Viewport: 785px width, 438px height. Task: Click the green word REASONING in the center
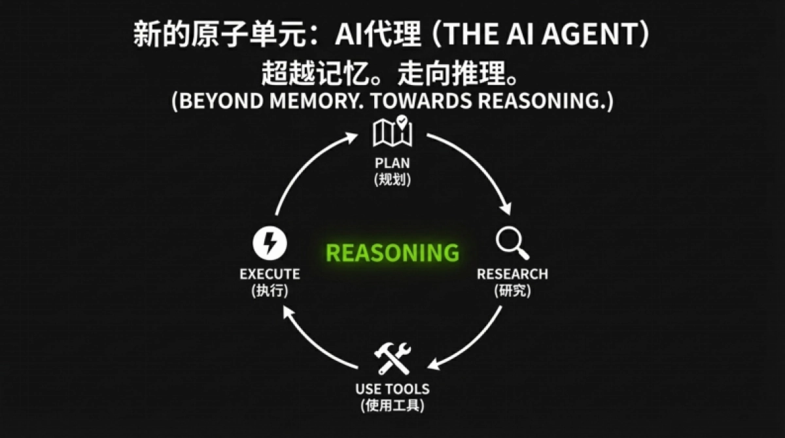click(392, 252)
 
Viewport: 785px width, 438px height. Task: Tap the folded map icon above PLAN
click(392, 132)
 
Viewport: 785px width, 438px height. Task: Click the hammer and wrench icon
click(392, 358)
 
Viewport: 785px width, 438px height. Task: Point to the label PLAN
click(392, 163)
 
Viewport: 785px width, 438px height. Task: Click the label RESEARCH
click(512, 274)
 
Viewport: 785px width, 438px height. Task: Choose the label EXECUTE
click(270, 274)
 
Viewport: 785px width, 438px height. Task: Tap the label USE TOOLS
click(392, 389)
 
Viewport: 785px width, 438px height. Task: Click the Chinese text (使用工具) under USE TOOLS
click(392, 405)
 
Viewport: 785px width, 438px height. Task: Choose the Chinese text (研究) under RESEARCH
click(512, 291)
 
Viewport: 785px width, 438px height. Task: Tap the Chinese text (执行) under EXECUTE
click(270, 291)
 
